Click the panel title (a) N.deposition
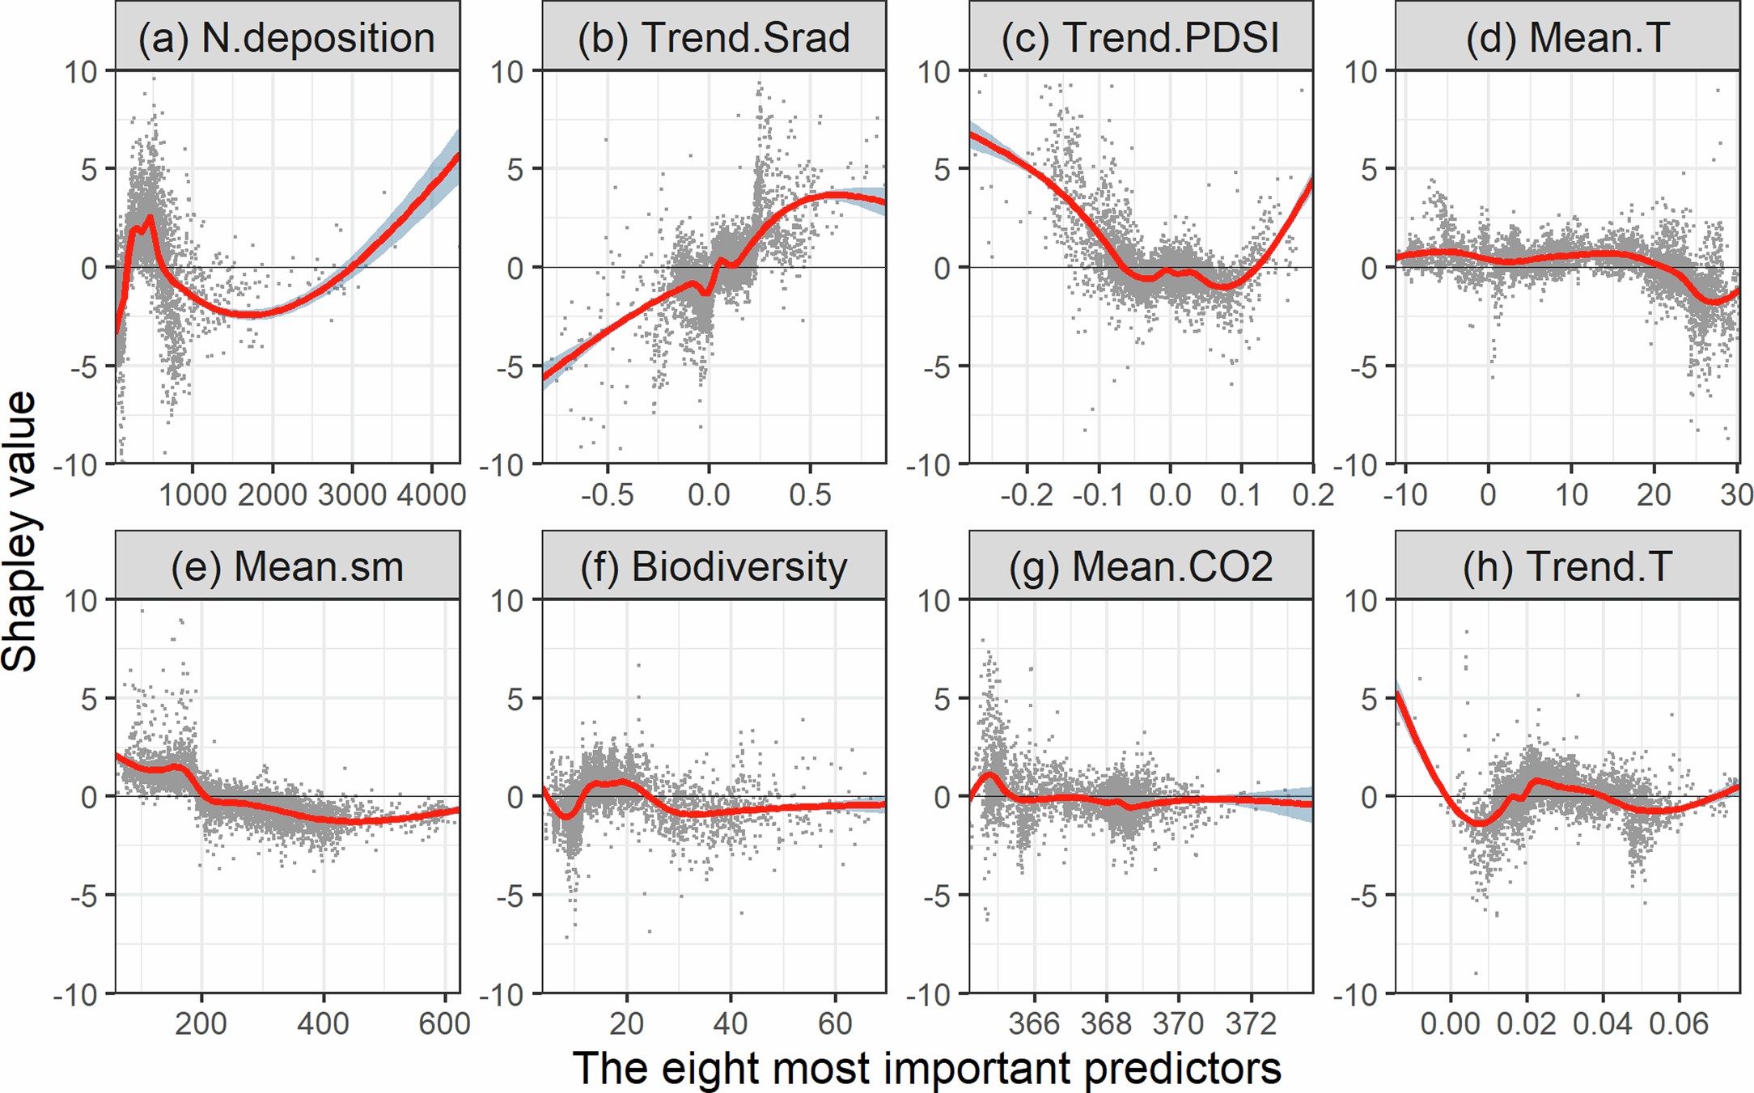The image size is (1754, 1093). [x=286, y=37]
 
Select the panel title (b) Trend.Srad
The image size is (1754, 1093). [x=714, y=37]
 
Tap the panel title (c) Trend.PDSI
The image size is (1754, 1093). [x=1140, y=37]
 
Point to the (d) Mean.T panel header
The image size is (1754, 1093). [x=1567, y=37]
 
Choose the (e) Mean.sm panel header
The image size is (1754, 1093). [x=286, y=566]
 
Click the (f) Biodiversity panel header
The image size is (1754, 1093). [x=714, y=566]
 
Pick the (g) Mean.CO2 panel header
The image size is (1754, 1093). [x=1140, y=566]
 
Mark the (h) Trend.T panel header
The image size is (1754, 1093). [x=1567, y=566]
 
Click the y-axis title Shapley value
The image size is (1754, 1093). [x=19, y=532]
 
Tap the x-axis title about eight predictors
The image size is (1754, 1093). [x=926, y=1068]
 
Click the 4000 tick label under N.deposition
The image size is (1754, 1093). [x=431, y=494]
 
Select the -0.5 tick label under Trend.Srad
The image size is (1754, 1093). [x=607, y=494]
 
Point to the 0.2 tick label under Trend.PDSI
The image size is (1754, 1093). [x=1312, y=494]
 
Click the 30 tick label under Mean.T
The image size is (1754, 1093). [x=1735, y=494]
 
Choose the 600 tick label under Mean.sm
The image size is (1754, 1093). [x=444, y=1023]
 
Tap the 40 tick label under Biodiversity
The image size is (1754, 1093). [x=730, y=1023]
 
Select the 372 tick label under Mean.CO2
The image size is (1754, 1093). [x=1251, y=1023]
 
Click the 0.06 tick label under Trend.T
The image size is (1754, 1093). [x=1679, y=1023]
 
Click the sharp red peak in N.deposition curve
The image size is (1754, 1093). [x=150, y=218]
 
